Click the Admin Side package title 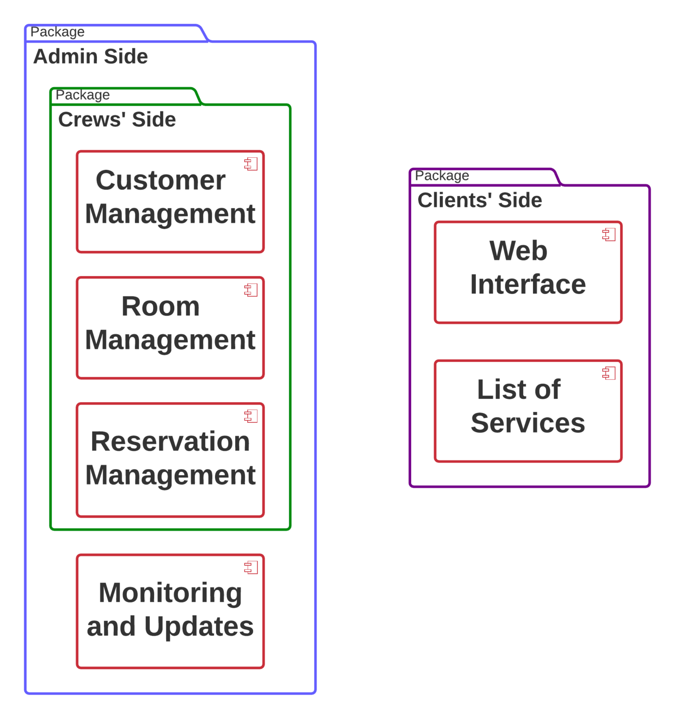90,57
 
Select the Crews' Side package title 117,119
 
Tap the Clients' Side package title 480,200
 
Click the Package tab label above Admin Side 57,32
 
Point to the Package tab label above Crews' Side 82,95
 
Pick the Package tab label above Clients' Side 442,176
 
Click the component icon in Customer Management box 251,164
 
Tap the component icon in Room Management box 251,290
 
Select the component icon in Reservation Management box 251,416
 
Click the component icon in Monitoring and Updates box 251,568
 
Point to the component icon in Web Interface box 609,235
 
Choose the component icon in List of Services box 609,373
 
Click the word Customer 161,180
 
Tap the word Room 161,307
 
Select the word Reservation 170,441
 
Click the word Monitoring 170,593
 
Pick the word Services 528,423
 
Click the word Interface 528,285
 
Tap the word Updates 199,627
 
